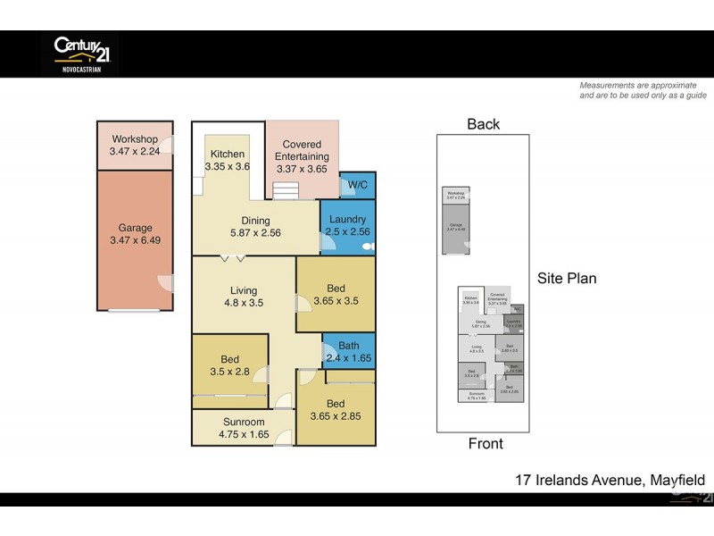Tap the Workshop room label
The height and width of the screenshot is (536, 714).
pyautogui.click(x=135, y=139)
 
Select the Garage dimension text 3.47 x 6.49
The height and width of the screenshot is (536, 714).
pyautogui.click(x=136, y=240)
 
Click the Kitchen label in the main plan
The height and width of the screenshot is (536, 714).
pyautogui.click(x=228, y=155)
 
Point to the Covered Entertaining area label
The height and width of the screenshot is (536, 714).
pyautogui.click(x=302, y=150)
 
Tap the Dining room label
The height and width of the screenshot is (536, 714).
pyautogui.click(x=256, y=221)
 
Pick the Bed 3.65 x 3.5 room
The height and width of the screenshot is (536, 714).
pyautogui.click(x=336, y=296)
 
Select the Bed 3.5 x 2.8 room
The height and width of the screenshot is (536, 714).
pyautogui.click(x=229, y=366)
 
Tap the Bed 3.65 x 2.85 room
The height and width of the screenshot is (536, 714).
pyautogui.click(x=336, y=410)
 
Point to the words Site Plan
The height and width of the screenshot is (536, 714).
pyautogui.click(x=567, y=279)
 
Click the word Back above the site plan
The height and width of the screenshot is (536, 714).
pyautogui.click(x=483, y=124)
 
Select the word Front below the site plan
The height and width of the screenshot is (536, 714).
pyautogui.click(x=486, y=443)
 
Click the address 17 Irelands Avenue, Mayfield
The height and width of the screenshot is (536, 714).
pyautogui.click(x=610, y=480)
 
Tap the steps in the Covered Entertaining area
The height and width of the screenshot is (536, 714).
pyautogui.click(x=285, y=191)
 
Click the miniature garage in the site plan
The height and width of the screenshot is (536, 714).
pyautogui.click(x=456, y=229)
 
